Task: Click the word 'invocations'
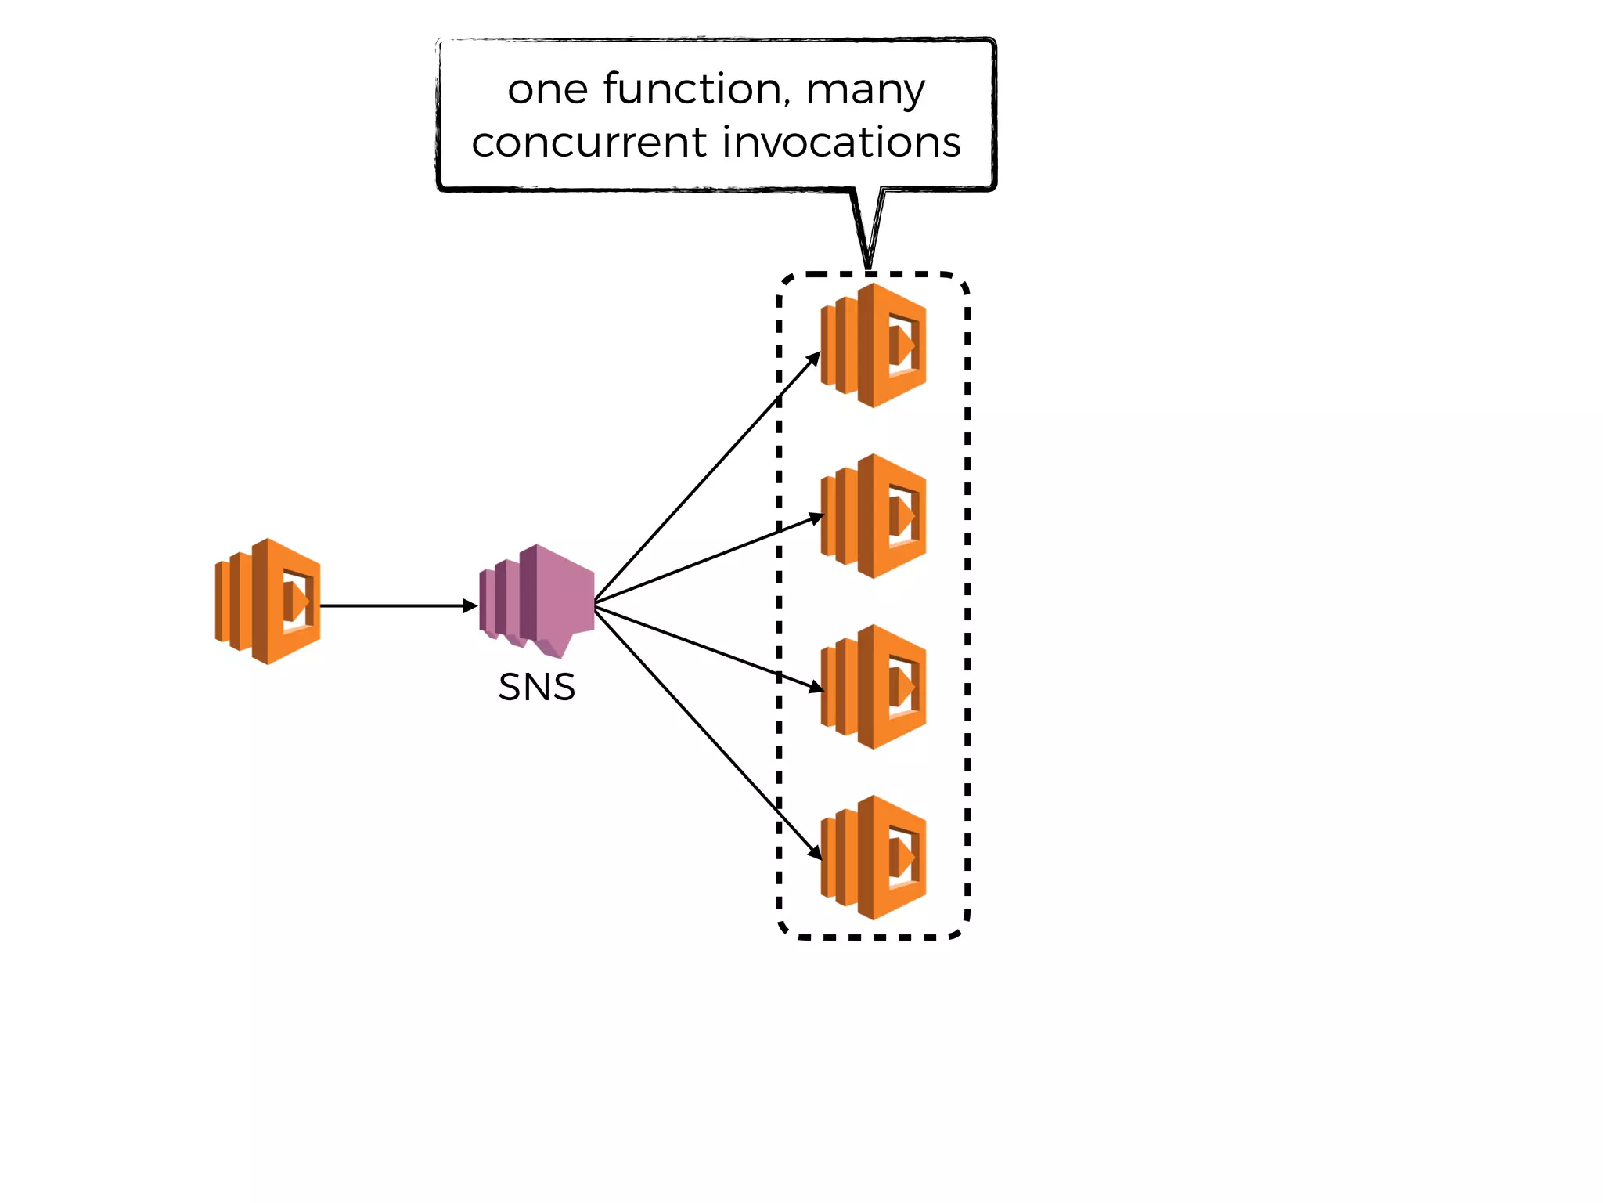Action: (x=841, y=143)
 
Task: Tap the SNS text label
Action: (x=536, y=688)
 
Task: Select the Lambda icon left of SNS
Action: (x=268, y=601)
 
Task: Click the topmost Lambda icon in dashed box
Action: (x=874, y=345)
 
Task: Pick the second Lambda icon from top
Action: (x=874, y=516)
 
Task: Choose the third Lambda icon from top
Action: (x=874, y=687)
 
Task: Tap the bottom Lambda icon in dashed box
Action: (x=874, y=858)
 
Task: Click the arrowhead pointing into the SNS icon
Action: (x=470, y=605)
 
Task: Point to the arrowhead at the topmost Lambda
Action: (x=814, y=359)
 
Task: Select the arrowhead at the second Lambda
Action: (x=816, y=518)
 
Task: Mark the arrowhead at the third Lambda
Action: (x=816, y=687)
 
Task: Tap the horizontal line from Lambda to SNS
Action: (x=391, y=605)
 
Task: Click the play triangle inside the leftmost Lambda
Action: (x=298, y=601)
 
